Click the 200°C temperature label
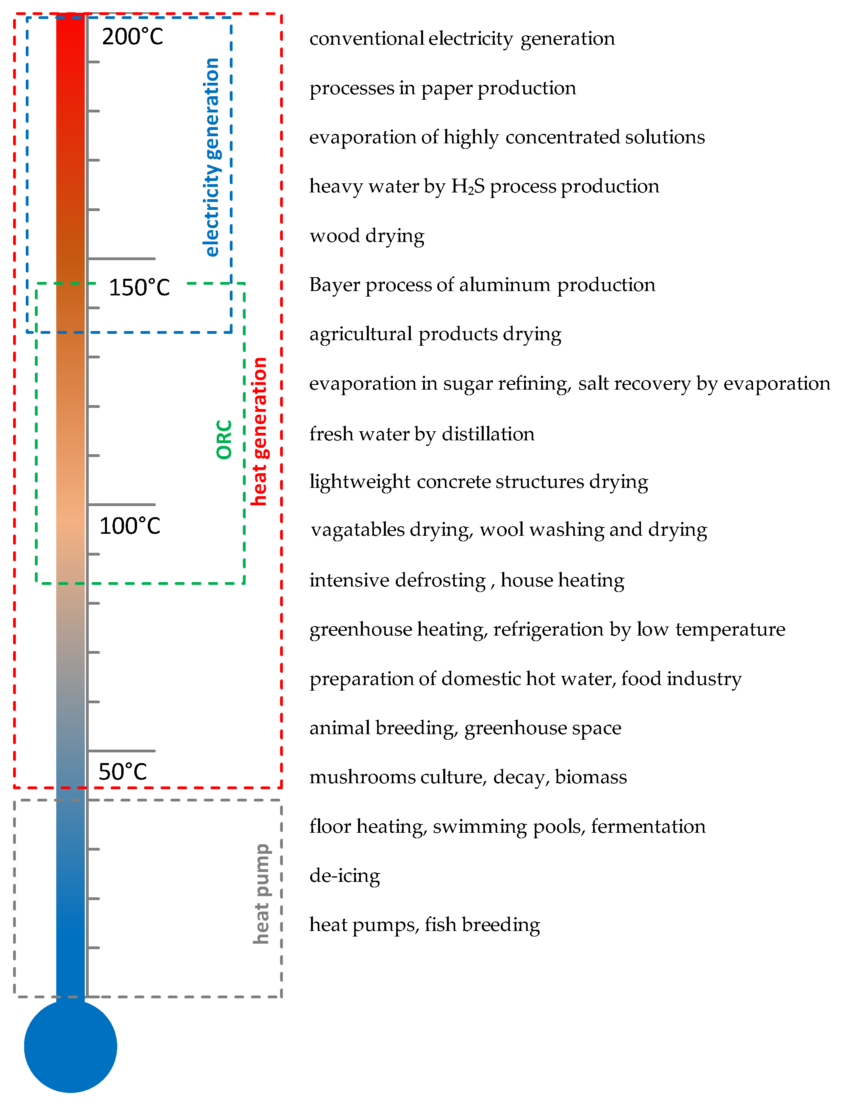point(132,36)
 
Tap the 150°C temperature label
point(139,287)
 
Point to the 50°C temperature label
point(122,771)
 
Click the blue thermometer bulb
point(70,1046)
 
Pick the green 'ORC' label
point(224,440)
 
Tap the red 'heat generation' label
point(259,431)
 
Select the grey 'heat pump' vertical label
point(261,894)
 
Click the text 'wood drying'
point(367,236)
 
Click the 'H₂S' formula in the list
point(468,187)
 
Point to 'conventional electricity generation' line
point(462,39)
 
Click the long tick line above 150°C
point(122,259)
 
